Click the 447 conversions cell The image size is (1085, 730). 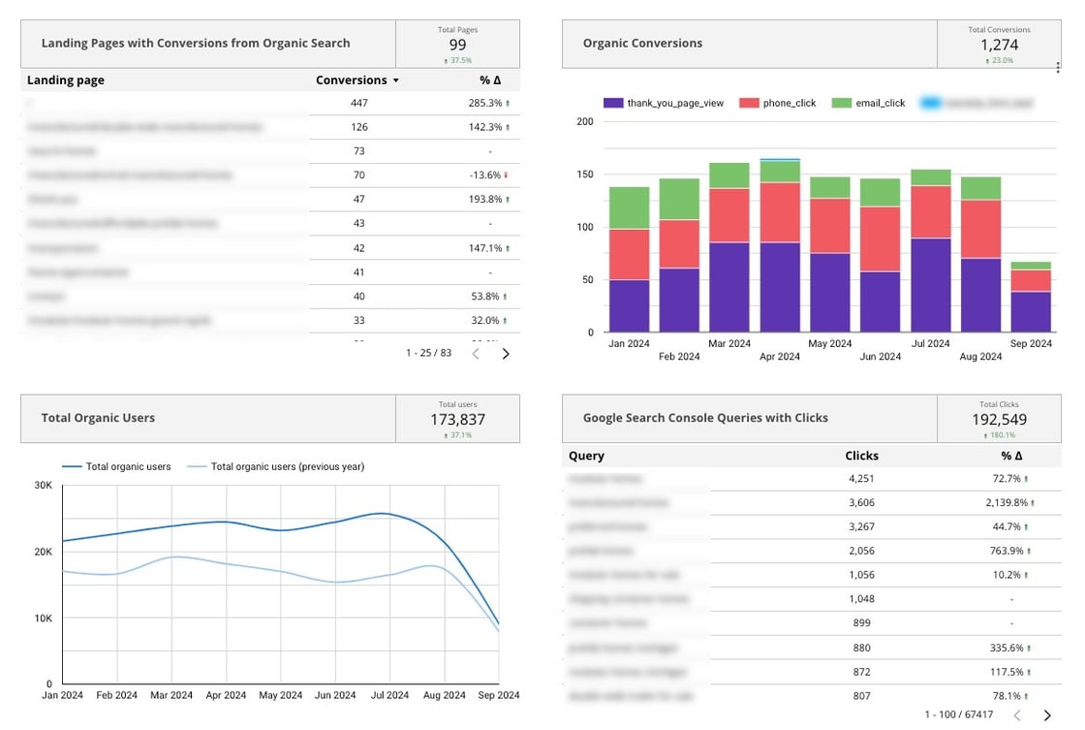(x=358, y=103)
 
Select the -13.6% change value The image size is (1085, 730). (x=485, y=175)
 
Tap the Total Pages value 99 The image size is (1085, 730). (x=457, y=45)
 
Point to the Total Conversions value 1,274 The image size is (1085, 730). (x=999, y=45)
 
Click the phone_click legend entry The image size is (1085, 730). (x=780, y=103)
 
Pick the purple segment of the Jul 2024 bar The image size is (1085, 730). (x=931, y=286)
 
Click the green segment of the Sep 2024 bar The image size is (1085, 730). (x=1031, y=266)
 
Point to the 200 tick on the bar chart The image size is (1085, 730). (x=584, y=122)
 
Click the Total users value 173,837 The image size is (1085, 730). (x=457, y=420)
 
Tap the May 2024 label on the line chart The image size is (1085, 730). (x=281, y=695)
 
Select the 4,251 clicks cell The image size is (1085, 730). (x=861, y=479)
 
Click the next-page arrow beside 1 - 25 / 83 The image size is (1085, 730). (x=505, y=354)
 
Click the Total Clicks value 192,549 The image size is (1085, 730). (x=999, y=420)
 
